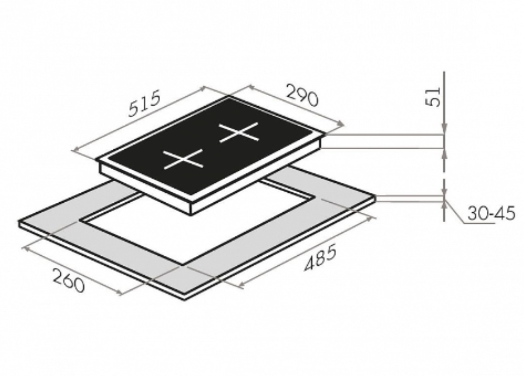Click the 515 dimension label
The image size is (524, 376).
click(145, 104)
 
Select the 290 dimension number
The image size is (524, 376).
click(302, 96)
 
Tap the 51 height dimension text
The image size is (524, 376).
click(433, 97)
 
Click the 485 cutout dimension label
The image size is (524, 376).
click(320, 257)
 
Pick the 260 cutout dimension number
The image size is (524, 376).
click(68, 281)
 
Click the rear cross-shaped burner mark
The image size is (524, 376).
click(239, 133)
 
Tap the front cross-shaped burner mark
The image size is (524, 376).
click(183, 159)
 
